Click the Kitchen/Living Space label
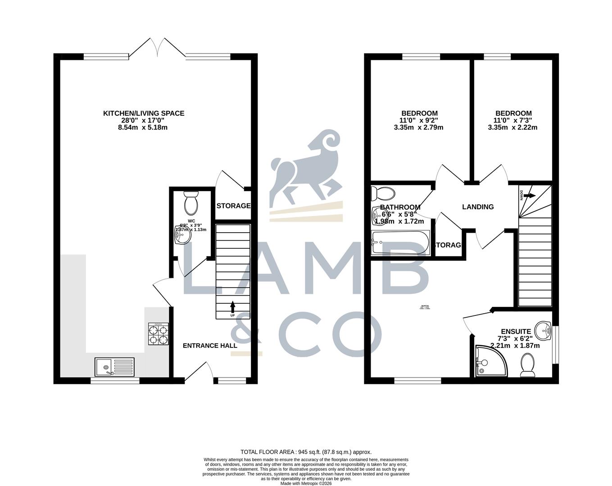coord(144,113)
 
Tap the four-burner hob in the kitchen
coord(159,334)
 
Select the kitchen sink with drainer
coord(114,366)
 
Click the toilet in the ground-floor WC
coord(191,203)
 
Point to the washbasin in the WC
coord(183,236)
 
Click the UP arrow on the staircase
coord(232,307)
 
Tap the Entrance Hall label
coord(210,346)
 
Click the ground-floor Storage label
coord(233,206)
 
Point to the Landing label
coord(478,207)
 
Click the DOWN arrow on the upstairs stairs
coord(529,196)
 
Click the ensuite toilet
coord(527,364)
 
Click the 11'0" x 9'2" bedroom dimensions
coord(418,120)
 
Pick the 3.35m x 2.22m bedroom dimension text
coord(512,127)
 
